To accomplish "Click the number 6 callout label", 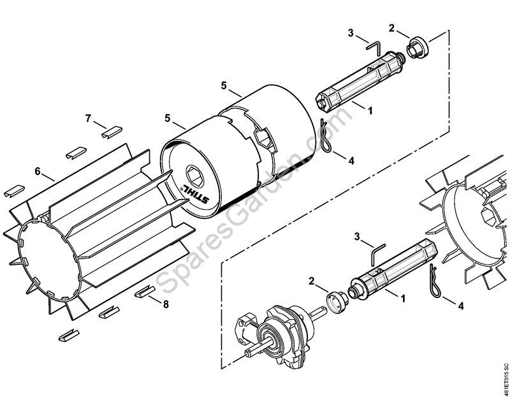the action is [x=38, y=171].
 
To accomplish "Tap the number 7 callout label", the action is [x=88, y=119].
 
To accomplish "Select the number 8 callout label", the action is [x=166, y=304].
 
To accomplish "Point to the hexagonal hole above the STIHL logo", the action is [x=195, y=176].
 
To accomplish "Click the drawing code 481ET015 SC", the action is [x=506, y=380].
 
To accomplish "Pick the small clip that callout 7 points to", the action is [x=112, y=132].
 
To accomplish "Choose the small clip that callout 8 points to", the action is [x=145, y=292].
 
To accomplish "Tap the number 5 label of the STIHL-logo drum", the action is [x=167, y=119].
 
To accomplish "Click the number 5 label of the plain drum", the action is [x=224, y=86].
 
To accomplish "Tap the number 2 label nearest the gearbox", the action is [x=312, y=281].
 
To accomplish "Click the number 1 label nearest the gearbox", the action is [x=403, y=298].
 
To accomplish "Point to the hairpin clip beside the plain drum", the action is [x=326, y=135].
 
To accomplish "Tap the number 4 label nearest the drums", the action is [x=351, y=161].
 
